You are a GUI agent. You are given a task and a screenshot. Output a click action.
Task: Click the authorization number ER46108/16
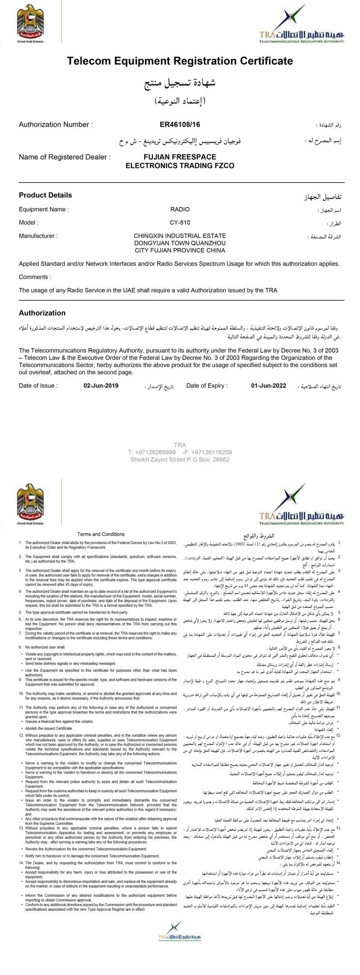tap(180, 125)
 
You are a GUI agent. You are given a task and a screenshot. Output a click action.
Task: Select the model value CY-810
tap(180, 222)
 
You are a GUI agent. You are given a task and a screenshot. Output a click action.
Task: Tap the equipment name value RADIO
tap(180, 209)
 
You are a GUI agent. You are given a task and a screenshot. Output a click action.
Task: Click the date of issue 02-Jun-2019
tap(101, 386)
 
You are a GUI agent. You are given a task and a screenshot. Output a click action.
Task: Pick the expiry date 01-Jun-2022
tap(269, 386)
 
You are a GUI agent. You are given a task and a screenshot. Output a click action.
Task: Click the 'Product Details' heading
tap(45, 195)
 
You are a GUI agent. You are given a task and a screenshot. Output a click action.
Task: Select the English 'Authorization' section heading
tap(42, 313)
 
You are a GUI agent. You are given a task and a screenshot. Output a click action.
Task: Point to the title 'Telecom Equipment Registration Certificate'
tap(180, 61)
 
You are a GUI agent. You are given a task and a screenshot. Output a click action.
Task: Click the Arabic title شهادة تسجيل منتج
tap(180, 84)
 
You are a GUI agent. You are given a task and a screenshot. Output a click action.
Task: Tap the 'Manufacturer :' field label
tap(38, 236)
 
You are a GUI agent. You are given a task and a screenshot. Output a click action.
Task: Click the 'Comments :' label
tap(34, 277)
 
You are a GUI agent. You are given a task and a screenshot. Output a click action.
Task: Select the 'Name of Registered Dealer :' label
tap(64, 157)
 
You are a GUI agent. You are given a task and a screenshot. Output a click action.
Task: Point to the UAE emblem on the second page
tap(30, 504)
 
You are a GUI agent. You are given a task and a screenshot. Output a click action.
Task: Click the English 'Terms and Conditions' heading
tap(101, 534)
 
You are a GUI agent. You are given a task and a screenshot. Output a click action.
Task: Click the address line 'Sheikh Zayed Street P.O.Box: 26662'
tap(180, 459)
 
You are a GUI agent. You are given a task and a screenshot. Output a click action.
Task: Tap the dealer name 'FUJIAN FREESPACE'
tap(180, 157)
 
